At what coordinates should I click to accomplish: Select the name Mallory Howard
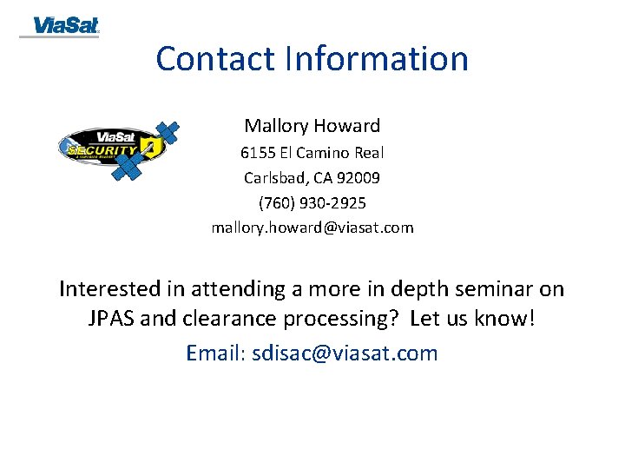(x=312, y=126)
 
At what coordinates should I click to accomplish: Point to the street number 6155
(x=258, y=153)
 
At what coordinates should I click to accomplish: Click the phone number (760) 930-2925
(x=312, y=203)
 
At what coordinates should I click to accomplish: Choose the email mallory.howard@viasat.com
(x=312, y=228)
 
